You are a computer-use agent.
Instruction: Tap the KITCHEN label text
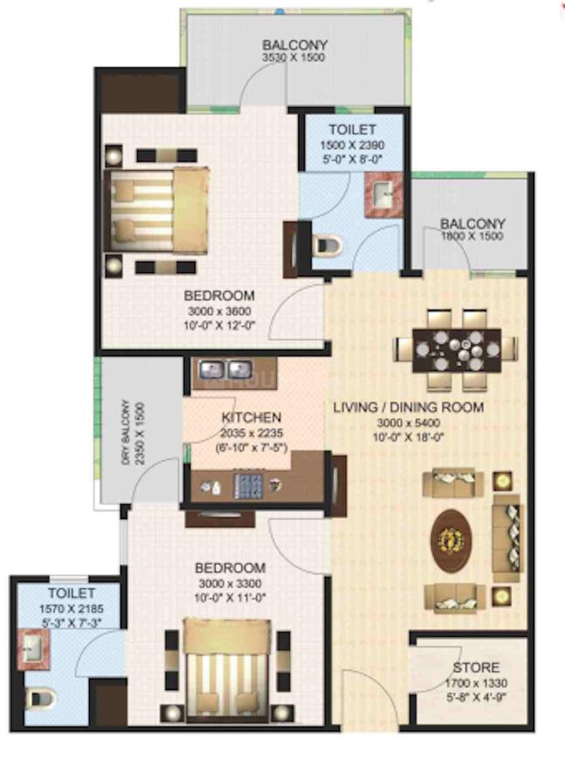coord(251,417)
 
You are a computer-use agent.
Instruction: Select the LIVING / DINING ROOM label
coord(408,407)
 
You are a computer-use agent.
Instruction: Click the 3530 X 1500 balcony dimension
coord(294,58)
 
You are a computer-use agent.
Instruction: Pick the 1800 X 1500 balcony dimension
coord(472,236)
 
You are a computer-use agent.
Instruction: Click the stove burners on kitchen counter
coord(250,487)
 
